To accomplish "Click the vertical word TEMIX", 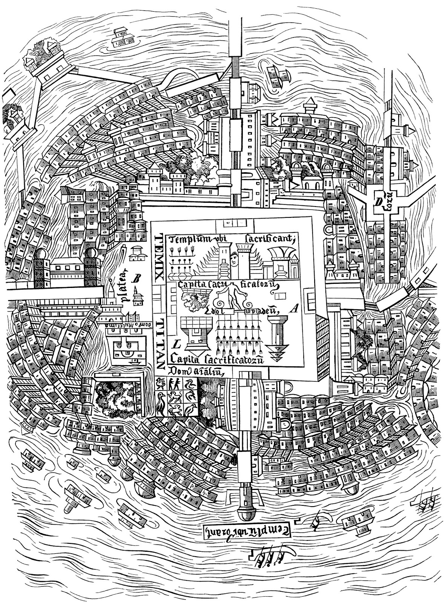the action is pos(160,256).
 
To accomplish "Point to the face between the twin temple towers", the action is pos(234,259).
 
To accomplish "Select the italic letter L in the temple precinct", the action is pos(175,344).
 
